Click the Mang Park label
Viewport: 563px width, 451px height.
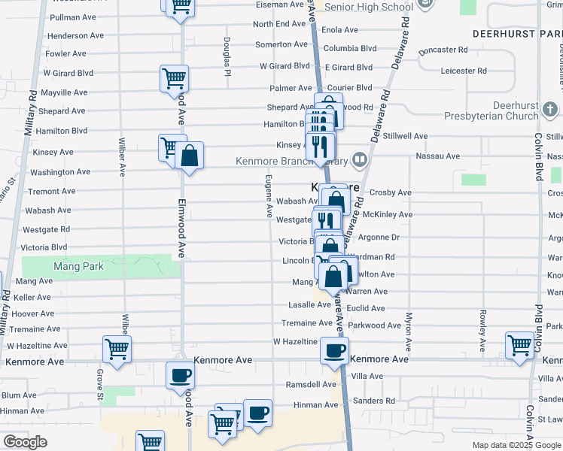[x=78, y=266]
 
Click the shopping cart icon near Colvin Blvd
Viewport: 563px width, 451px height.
[x=520, y=345]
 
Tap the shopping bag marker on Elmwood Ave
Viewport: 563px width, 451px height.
[x=190, y=157]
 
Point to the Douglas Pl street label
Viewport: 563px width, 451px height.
[x=226, y=56]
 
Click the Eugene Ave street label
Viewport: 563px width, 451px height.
[x=268, y=194]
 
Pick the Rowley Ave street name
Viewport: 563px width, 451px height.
[x=482, y=332]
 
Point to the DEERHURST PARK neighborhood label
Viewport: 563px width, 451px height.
[x=516, y=35]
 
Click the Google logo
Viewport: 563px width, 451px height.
[x=25, y=442]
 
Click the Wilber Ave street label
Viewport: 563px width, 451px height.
[x=121, y=156]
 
